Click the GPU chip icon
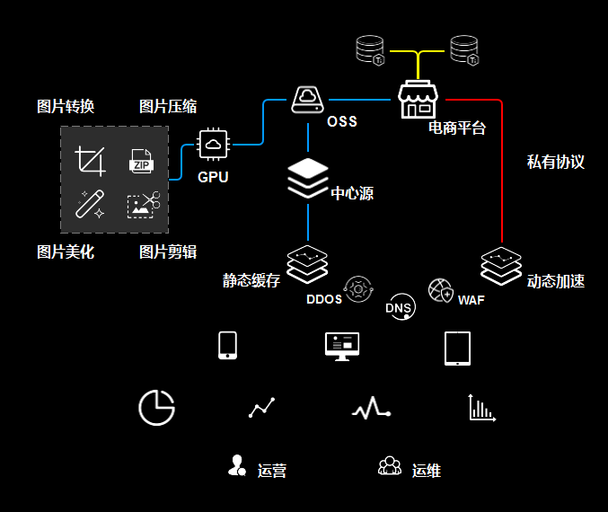213,145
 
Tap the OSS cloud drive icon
307,99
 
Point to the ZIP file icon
141,162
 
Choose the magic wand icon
91,204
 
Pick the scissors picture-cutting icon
143,205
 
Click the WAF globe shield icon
441,290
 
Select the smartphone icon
228,346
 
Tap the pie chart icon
156,408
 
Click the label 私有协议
555,163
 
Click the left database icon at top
370,49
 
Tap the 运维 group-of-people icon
390,466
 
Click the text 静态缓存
251,280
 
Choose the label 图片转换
66,107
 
